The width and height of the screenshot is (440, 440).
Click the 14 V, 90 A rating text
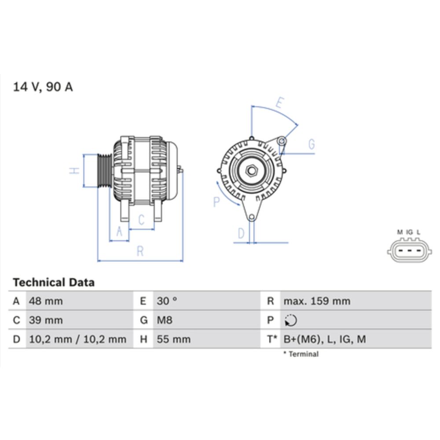pyautogui.click(x=43, y=87)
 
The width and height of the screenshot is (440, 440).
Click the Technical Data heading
pyautogui.click(x=53, y=282)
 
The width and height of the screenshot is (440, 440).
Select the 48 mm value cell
pyautogui.click(x=45, y=301)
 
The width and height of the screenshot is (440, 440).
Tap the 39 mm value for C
pyautogui.click(x=45, y=320)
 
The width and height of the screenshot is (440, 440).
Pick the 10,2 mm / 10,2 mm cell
pyautogui.click(x=77, y=339)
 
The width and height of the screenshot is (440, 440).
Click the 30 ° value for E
pyautogui.click(x=167, y=301)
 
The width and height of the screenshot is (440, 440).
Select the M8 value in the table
pyautogui.click(x=165, y=320)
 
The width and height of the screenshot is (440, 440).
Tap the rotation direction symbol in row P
pyautogui.click(x=291, y=320)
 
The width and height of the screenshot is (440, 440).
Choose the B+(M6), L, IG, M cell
pyautogui.click(x=325, y=339)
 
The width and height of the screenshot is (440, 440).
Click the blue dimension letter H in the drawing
pyautogui.click(x=75, y=170)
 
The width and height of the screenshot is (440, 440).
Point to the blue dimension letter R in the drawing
pyautogui.click(x=140, y=251)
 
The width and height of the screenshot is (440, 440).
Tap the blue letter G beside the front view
pyautogui.click(x=312, y=144)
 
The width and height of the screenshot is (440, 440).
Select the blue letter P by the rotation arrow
pyautogui.click(x=216, y=202)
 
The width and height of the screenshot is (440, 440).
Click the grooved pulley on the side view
pyautogui.click(x=104, y=170)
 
